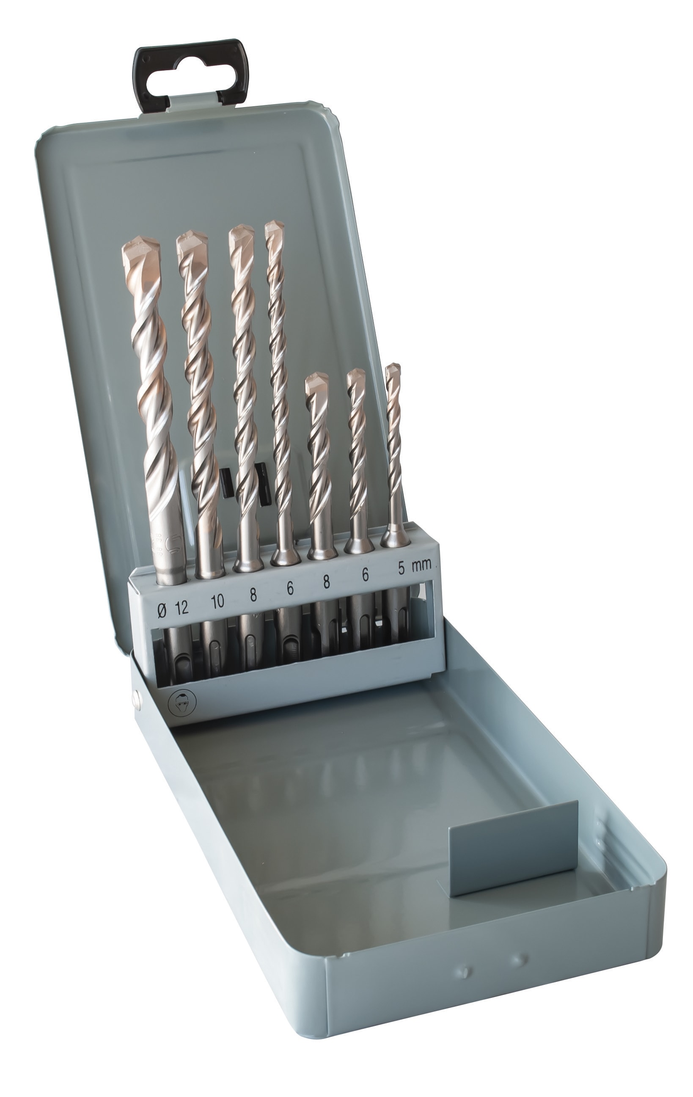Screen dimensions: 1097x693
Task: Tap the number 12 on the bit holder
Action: (x=181, y=607)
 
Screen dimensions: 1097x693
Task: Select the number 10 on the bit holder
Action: (x=217, y=601)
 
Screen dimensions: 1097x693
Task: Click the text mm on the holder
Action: (x=421, y=565)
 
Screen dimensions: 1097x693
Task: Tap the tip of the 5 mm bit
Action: (x=393, y=371)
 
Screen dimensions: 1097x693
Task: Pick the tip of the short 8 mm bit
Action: (x=317, y=382)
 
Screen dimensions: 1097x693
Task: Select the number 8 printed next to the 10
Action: (x=253, y=595)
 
